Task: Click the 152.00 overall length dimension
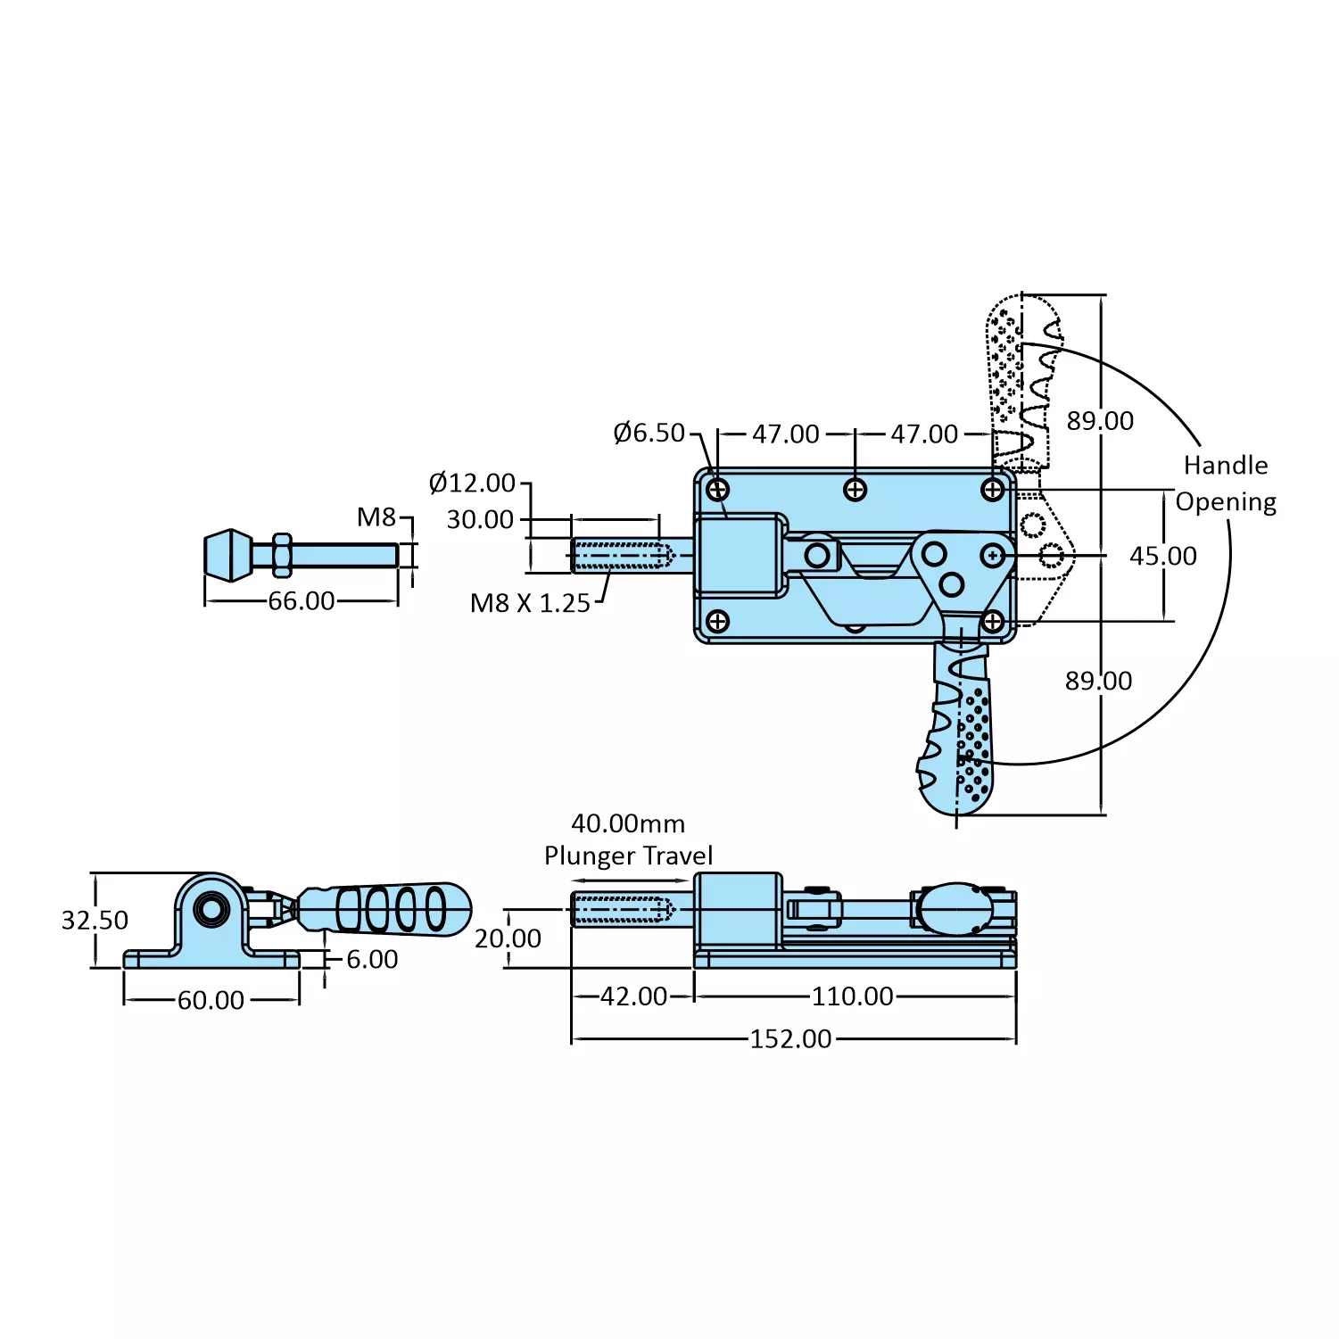click(x=790, y=1039)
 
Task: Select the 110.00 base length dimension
click(x=852, y=996)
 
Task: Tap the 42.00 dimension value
click(x=633, y=996)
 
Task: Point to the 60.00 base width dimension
click(x=211, y=1000)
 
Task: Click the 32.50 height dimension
click(x=95, y=921)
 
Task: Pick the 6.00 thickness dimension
click(x=372, y=960)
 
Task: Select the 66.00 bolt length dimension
click(x=302, y=601)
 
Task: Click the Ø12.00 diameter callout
click(x=472, y=484)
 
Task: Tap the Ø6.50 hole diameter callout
click(x=649, y=434)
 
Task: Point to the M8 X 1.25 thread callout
click(x=530, y=604)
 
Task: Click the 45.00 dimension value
click(x=1163, y=557)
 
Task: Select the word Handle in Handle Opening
click(x=1226, y=466)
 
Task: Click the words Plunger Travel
click(x=628, y=856)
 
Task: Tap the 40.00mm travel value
click(x=628, y=823)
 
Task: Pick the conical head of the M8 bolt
click(x=228, y=555)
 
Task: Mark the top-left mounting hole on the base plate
click(x=718, y=490)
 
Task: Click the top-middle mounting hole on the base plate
click(x=855, y=490)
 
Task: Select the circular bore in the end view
click(x=211, y=910)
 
